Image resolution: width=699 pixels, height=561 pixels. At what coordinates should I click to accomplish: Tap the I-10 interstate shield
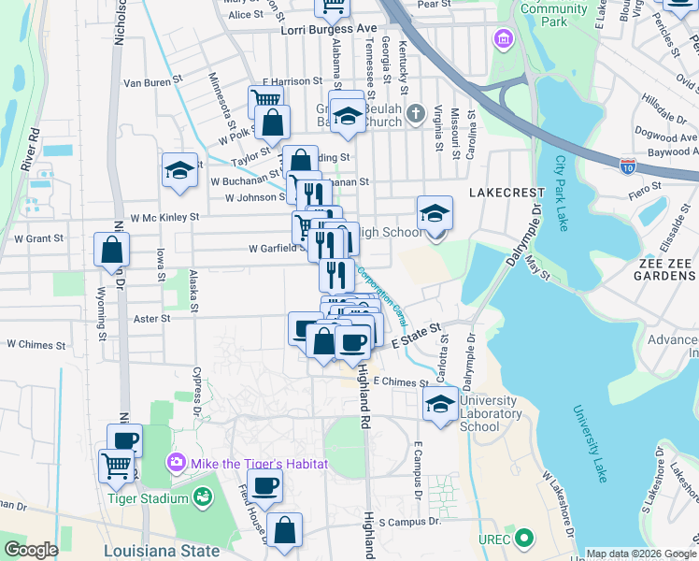(629, 165)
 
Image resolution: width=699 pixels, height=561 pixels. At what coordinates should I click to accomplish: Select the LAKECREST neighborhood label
(506, 192)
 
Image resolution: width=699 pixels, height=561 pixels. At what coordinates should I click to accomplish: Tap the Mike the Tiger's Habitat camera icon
(176, 463)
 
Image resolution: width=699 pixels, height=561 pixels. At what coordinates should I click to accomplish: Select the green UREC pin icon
(524, 539)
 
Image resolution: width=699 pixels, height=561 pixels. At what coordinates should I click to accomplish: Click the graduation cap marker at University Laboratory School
(438, 404)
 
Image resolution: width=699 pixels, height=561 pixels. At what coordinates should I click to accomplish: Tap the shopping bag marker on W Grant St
(112, 251)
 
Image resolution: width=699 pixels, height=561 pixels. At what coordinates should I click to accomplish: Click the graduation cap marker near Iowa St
(179, 171)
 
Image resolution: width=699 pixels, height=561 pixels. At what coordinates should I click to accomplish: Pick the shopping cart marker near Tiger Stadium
(117, 465)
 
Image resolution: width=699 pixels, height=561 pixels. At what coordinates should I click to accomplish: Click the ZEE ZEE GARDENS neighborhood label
(666, 269)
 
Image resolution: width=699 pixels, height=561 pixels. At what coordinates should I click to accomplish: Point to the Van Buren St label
(150, 82)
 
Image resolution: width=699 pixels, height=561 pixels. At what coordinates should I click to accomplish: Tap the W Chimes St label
(36, 344)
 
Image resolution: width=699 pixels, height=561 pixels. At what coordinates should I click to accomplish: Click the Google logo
(30, 550)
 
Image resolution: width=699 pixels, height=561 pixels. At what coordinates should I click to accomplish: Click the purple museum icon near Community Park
(505, 40)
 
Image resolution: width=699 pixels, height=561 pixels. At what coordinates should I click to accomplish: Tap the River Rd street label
(29, 149)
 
